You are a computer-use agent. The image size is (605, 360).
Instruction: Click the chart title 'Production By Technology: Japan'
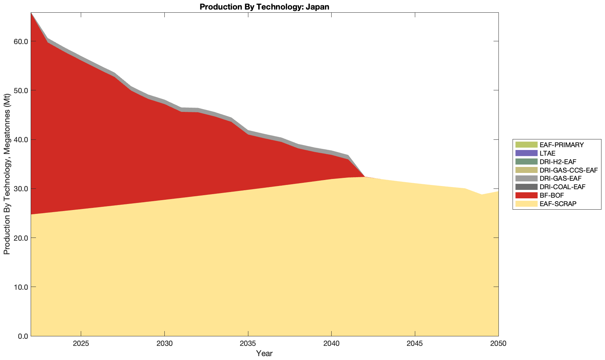point(264,7)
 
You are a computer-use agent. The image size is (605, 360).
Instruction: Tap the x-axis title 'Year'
point(264,353)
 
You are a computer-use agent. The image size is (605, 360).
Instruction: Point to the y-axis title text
point(7,174)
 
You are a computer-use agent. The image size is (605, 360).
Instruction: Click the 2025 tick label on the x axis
point(81,344)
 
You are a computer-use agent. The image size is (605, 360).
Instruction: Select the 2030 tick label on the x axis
point(164,344)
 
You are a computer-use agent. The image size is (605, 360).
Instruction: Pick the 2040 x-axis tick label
point(331,344)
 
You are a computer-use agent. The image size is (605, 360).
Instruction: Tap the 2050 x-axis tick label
point(498,344)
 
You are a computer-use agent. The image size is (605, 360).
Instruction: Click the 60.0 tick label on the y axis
point(21,41)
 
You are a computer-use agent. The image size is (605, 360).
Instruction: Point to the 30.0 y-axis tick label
point(21,189)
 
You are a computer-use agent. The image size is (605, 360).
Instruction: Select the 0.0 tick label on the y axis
point(23,336)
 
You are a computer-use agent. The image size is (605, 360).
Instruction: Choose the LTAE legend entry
point(547,153)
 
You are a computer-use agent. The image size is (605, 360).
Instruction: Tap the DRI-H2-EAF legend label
point(558,162)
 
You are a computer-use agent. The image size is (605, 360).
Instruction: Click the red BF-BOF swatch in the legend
point(526,195)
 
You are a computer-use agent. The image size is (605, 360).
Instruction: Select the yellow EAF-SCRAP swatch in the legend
point(526,204)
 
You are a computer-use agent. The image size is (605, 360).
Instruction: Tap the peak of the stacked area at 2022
point(31,13)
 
